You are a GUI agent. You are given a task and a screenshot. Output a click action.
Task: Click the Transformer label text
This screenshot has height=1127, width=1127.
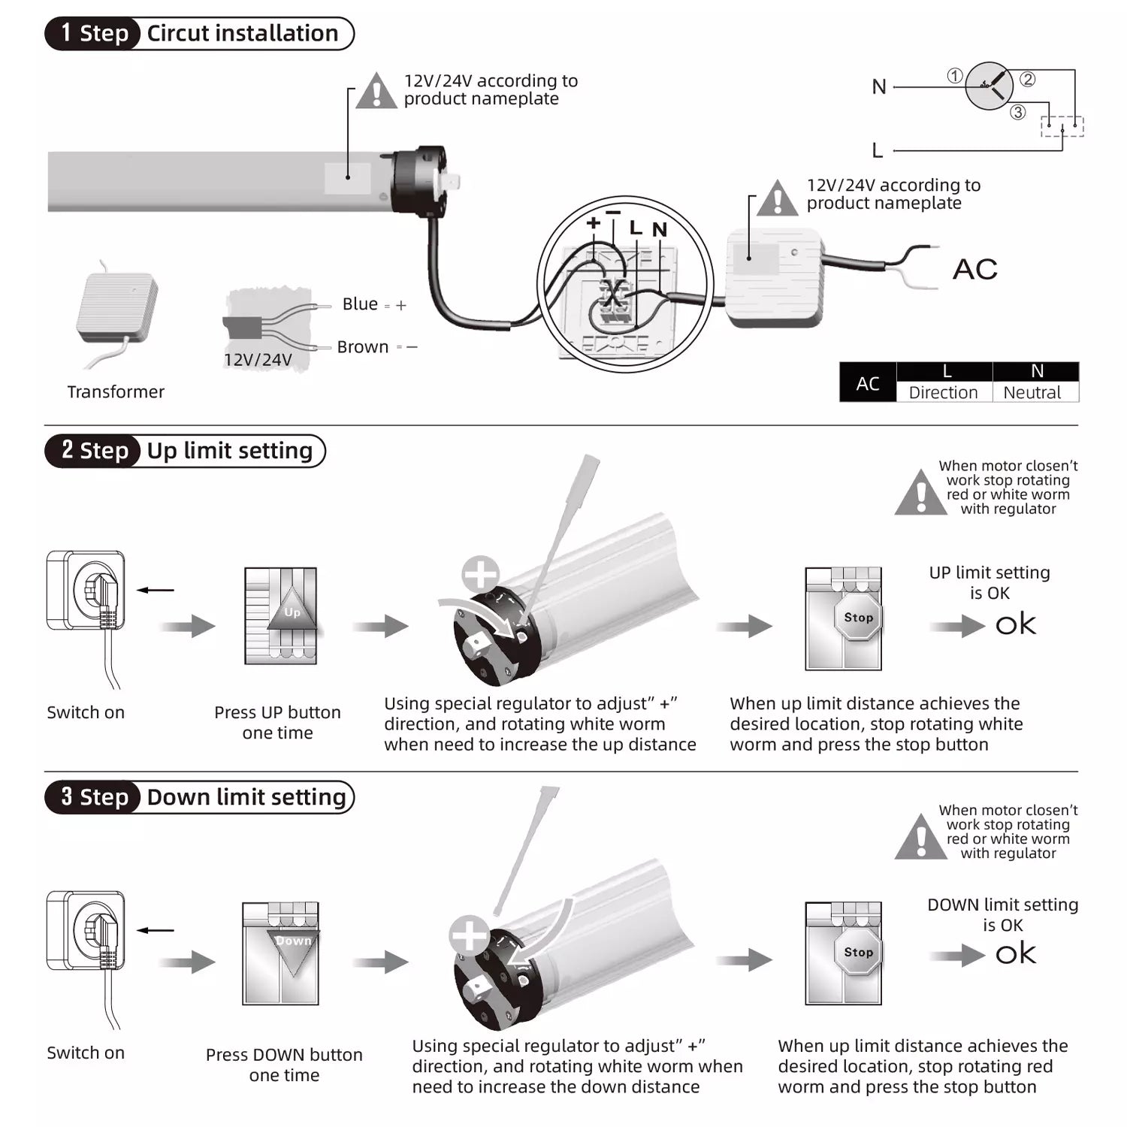[x=116, y=391]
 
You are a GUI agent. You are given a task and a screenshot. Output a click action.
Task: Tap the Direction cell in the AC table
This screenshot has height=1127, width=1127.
[x=943, y=392]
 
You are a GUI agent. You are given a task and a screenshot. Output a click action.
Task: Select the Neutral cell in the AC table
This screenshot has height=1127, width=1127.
[x=1032, y=392]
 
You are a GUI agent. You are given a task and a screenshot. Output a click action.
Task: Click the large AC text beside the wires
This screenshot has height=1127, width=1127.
[x=974, y=269]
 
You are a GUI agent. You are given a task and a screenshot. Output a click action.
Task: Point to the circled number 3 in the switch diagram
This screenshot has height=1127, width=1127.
[x=1017, y=112]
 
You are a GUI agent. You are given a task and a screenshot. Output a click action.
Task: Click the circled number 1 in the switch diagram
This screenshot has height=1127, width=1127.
[x=954, y=75]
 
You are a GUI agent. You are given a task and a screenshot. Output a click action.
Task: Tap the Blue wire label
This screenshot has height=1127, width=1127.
[x=360, y=304]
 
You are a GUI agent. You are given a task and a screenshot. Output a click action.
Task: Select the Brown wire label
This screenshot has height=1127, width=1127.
[x=363, y=347]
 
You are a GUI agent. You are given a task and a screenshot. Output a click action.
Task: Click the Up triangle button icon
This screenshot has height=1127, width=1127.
[x=292, y=609]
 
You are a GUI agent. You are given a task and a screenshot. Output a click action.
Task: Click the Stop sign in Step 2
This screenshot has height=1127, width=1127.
[x=858, y=618]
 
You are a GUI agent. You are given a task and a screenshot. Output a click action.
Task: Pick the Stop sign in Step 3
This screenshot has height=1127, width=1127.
[x=858, y=952]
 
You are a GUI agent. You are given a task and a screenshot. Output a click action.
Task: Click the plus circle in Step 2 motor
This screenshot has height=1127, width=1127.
[x=480, y=575]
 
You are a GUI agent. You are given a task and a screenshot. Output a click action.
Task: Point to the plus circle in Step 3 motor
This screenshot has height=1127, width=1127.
[x=469, y=935]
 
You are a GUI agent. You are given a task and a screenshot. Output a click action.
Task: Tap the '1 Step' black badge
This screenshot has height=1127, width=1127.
[x=93, y=34]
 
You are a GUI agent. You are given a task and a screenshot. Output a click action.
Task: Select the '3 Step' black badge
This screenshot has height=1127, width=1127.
[x=93, y=797]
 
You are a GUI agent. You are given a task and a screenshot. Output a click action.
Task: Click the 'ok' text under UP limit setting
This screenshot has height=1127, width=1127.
[x=1015, y=624]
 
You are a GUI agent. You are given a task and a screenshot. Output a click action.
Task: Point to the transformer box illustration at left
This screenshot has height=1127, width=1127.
[x=116, y=308]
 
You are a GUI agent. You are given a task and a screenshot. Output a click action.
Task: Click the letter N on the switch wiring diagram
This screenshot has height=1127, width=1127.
[x=879, y=86]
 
